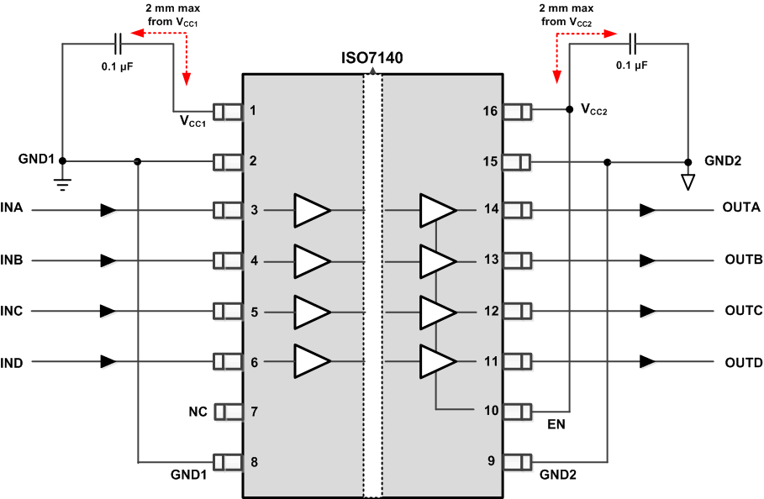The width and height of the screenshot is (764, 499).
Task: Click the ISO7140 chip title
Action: [x=371, y=59]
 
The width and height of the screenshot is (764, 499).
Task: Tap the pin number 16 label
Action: [x=490, y=111]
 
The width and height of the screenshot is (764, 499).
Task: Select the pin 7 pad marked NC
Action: [x=228, y=412]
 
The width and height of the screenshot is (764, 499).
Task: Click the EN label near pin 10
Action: [x=556, y=425]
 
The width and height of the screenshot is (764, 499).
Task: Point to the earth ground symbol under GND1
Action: [x=62, y=181]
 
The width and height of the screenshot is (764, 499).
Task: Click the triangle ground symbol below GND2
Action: [x=688, y=181]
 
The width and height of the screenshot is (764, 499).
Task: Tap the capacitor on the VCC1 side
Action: [x=117, y=40]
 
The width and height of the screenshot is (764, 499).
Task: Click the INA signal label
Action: [x=12, y=208]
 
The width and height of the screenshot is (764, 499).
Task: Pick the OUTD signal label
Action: [x=742, y=363]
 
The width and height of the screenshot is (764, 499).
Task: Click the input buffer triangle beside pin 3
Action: [x=311, y=210]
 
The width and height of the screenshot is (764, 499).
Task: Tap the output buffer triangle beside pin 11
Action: [x=437, y=362]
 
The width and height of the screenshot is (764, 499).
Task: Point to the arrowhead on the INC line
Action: [x=108, y=311]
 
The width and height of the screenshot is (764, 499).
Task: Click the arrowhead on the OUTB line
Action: [x=646, y=260]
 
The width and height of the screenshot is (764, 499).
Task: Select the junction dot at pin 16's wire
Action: [x=570, y=109]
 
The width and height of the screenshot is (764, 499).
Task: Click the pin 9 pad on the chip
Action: [x=517, y=462]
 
